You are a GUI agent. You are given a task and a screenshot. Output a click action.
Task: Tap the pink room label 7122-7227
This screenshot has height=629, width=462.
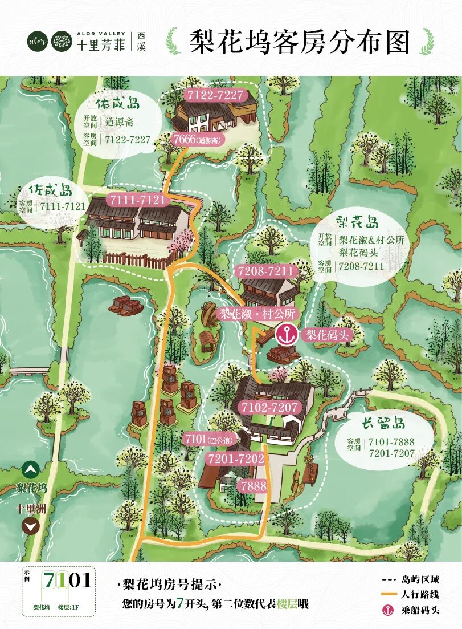(x=214, y=95)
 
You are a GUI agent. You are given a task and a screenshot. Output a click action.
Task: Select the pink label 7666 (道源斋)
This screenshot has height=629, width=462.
(x=197, y=139)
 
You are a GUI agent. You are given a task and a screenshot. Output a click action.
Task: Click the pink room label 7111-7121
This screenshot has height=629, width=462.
(x=137, y=200)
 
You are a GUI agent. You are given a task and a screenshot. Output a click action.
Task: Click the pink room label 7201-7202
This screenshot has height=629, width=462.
(x=236, y=458)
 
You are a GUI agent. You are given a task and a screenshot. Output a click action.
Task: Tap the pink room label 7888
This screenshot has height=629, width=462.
(x=253, y=486)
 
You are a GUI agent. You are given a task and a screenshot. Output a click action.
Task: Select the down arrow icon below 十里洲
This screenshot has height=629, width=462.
(x=31, y=526)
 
